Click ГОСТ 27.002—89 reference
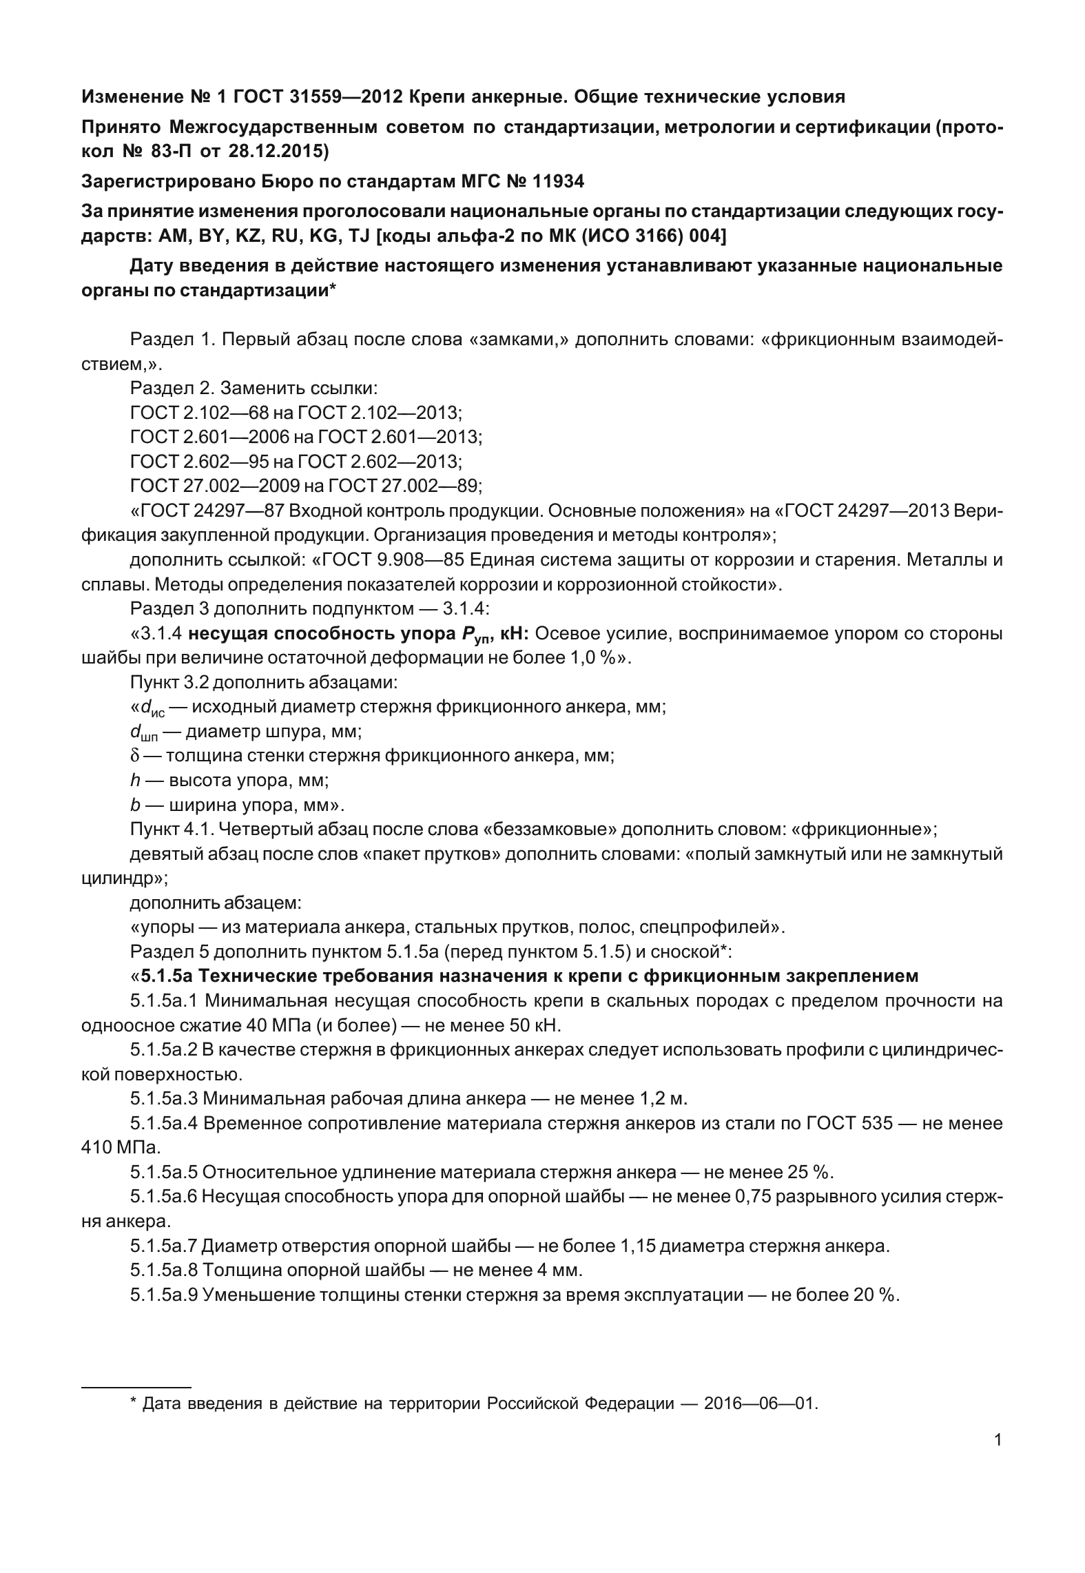click(x=406, y=486)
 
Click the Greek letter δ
click(x=134, y=756)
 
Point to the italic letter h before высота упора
click(x=134, y=781)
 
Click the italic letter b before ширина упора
click(x=134, y=805)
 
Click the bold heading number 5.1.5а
click(x=167, y=976)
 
